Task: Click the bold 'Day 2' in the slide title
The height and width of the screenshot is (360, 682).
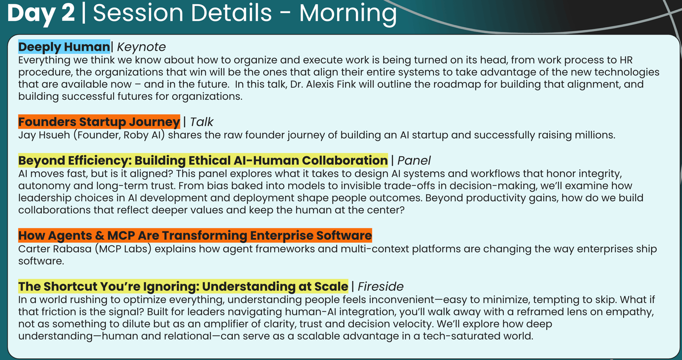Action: click(41, 13)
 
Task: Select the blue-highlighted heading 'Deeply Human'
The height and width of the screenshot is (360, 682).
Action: click(64, 47)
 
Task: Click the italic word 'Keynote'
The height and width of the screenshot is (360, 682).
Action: click(141, 47)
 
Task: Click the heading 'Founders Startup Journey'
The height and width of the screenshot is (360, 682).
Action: click(99, 122)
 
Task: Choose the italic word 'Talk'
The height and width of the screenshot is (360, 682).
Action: click(202, 122)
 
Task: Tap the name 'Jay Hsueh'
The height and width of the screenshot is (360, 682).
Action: click(44, 135)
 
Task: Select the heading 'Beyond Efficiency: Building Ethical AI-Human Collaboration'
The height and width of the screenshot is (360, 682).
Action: click(203, 160)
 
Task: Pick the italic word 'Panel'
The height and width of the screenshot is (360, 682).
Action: click(414, 160)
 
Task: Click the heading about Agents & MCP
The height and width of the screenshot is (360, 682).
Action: click(195, 235)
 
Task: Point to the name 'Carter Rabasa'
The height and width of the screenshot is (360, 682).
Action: click(55, 249)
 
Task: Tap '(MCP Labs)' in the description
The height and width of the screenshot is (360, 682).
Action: click(123, 249)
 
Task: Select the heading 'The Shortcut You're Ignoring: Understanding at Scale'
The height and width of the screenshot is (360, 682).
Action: click(183, 286)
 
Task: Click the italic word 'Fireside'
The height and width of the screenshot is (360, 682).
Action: click(380, 287)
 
